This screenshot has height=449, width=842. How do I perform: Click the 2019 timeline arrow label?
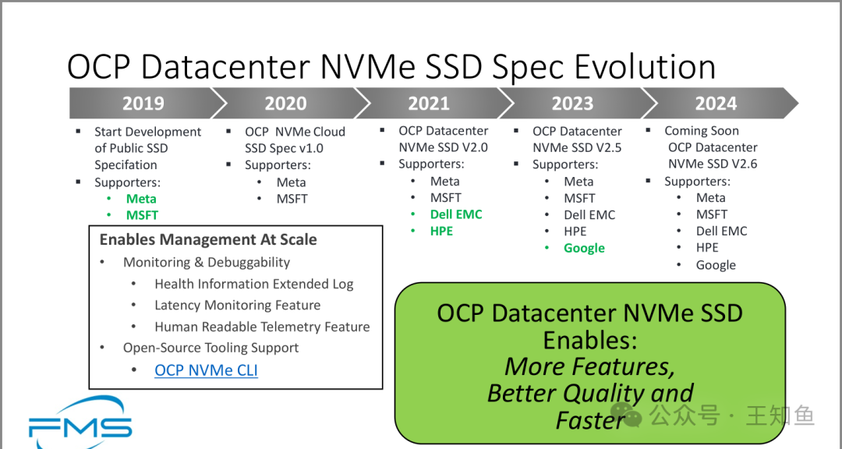click(x=143, y=103)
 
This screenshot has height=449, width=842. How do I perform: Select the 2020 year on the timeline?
click(x=285, y=103)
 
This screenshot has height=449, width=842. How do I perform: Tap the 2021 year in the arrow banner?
click(x=429, y=103)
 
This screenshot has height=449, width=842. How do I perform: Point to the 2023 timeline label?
click(x=572, y=103)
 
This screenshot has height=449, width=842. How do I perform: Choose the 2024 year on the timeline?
click(x=716, y=103)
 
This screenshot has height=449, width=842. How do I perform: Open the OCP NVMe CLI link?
click(x=206, y=370)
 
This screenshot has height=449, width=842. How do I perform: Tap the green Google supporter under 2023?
click(x=584, y=248)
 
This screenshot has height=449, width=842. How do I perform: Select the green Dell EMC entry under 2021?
click(x=456, y=214)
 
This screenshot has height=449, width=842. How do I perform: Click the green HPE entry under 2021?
click(x=441, y=231)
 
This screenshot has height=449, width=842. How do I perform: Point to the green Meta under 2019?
click(x=141, y=199)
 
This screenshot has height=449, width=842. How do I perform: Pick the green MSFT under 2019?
click(x=143, y=215)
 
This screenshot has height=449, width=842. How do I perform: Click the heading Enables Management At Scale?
click(x=208, y=239)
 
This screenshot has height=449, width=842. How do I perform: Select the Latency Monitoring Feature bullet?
click(x=237, y=305)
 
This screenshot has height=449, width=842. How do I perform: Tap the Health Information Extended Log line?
click(x=254, y=284)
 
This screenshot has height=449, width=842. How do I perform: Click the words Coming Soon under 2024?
click(x=702, y=131)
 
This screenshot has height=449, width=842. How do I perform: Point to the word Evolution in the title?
click(x=645, y=67)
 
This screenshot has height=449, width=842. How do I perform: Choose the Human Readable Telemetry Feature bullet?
click(x=262, y=327)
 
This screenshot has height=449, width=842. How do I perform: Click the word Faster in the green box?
click(x=591, y=420)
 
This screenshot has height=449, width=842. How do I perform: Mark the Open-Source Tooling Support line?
click(x=211, y=348)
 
